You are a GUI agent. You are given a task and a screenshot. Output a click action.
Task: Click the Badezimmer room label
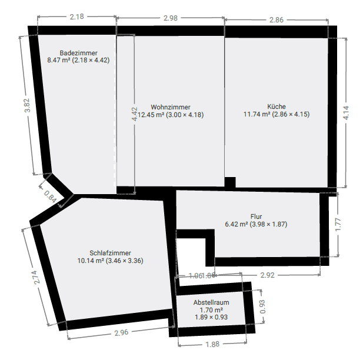click(78, 53)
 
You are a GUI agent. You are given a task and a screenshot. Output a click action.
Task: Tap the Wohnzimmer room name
click(170, 107)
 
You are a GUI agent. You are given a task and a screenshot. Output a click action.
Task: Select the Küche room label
click(277, 106)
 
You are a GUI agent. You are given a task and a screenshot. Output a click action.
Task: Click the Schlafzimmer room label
click(111, 252)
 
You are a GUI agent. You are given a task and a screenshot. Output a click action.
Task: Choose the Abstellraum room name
click(211, 302)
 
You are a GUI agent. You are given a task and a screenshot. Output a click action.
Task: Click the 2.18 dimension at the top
click(76, 17)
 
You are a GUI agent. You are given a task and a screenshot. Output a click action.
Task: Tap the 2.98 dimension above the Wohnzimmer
click(170, 18)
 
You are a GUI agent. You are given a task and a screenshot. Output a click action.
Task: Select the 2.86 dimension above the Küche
click(276, 20)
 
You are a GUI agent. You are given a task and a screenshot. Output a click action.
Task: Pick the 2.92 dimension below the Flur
click(267, 275)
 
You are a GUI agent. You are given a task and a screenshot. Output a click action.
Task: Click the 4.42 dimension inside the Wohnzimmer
click(135, 114)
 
